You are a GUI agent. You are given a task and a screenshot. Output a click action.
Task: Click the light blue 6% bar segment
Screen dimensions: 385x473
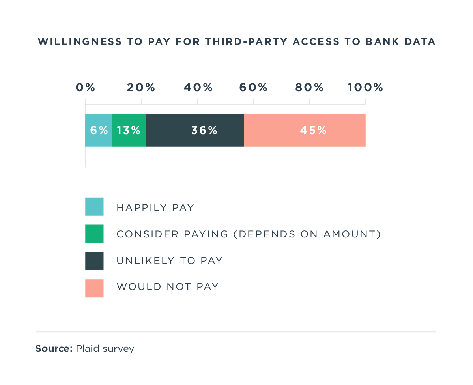pos(99,130)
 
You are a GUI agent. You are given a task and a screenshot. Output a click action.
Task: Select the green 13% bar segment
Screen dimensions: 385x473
pos(129,130)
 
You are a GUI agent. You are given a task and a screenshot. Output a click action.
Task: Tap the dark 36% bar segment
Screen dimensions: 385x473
pos(195,130)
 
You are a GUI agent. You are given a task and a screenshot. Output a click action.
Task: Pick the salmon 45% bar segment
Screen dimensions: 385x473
pos(305,130)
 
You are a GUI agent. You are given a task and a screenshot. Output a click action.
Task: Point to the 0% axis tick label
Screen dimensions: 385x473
pos(86,88)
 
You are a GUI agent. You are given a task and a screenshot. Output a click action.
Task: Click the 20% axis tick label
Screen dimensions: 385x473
pos(141,88)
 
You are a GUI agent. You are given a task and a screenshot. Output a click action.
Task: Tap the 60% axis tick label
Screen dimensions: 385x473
pos(253,88)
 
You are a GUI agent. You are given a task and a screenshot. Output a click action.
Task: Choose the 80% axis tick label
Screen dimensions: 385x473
pos(309,88)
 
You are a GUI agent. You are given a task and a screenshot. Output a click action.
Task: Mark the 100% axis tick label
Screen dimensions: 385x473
pos(365,88)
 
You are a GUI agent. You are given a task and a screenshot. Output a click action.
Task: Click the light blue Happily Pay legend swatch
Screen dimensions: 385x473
pos(94,207)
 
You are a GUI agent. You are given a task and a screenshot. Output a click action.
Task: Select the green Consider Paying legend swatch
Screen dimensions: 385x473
pos(94,234)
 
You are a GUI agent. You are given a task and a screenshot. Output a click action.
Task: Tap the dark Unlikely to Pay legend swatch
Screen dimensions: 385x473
pos(94,261)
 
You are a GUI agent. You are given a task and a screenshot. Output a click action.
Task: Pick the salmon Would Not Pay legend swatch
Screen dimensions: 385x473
pos(94,288)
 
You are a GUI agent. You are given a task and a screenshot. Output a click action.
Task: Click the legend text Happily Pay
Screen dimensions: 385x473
pos(155,207)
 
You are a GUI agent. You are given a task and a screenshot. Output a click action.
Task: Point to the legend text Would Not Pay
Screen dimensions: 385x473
pos(167,287)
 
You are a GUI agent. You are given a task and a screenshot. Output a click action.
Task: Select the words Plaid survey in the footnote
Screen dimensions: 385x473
pos(105,349)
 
